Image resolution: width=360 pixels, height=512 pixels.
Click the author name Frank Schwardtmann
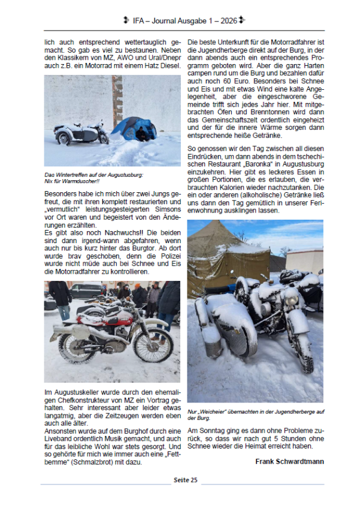click(289, 462)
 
